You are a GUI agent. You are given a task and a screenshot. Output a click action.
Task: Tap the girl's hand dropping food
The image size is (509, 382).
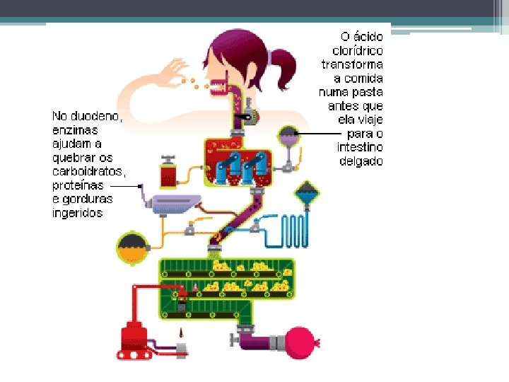pyautogui.click(x=173, y=71)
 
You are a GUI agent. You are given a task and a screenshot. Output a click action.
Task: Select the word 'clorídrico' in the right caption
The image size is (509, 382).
pyautogui.click(x=358, y=51)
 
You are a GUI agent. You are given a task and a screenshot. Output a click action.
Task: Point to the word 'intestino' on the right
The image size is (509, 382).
pyautogui.click(x=359, y=147)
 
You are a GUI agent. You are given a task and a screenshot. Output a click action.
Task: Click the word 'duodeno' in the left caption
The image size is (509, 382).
pyautogui.click(x=96, y=116)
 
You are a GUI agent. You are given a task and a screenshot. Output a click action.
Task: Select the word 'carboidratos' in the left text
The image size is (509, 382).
pyautogui.click(x=89, y=171)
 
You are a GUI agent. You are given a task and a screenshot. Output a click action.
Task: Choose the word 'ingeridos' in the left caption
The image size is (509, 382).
pyautogui.click(x=78, y=212)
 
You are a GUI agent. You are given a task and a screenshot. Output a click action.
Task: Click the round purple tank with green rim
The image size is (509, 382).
pyautogui.click(x=288, y=136)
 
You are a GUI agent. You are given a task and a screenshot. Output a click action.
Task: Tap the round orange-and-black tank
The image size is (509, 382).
pyautogui.click(x=132, y=247)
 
